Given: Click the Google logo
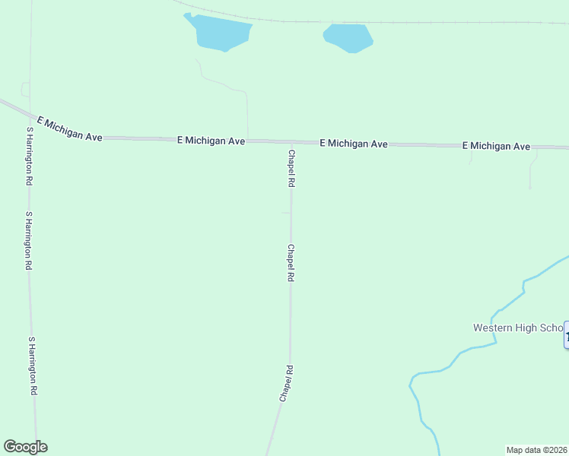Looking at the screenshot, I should tap(25, 447).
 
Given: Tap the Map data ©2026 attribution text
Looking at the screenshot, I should tap(536, 449).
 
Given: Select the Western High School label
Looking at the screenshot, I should tap(517, 328).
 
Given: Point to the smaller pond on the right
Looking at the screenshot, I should tap(348, 37).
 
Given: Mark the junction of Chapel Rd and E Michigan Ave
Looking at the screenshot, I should tap(291, 142).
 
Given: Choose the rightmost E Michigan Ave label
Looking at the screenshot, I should tap(496, 145).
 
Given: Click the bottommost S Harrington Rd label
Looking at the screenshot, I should tap(32, 366).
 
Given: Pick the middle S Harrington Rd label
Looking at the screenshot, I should tap(29, 241).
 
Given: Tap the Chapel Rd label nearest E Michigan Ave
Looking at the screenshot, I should tap(291, 169).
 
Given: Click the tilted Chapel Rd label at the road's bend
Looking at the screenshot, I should tap(286, 384).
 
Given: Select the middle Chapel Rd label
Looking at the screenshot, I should tap(290, 263).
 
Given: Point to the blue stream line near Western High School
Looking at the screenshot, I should tap(472, 347).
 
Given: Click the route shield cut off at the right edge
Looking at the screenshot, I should tap(566, 335).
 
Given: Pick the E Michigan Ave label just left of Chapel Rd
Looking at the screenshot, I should tap(211, 141).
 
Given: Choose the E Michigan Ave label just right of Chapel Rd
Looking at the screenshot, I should tap(354, 143).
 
